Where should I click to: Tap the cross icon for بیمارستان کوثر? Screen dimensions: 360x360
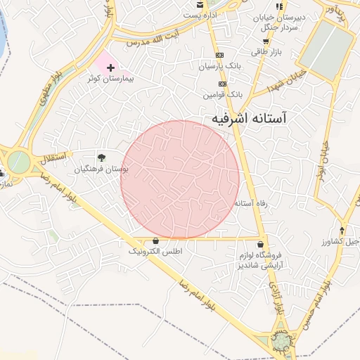pos(111,67)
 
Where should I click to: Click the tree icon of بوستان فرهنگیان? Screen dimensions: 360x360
pos(102,157)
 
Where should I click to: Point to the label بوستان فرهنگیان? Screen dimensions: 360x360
pos(102,169)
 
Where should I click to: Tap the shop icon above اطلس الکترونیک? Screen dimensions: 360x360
pos(155,241)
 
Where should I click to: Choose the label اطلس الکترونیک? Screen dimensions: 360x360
pos(155,251)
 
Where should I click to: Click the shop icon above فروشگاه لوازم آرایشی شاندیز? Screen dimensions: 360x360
pos(261,244)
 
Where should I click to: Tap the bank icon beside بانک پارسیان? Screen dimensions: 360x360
pos(219,55)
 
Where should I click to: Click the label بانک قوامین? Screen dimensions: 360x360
pos(223,94)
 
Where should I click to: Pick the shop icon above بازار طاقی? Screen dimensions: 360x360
pos(265,41)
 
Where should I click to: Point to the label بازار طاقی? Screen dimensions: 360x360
pos(266,53)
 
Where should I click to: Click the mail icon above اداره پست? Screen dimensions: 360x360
pos(200,5)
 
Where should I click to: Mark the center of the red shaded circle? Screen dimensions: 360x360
pos(180,180)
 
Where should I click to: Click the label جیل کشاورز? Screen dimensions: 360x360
pos(342,241)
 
